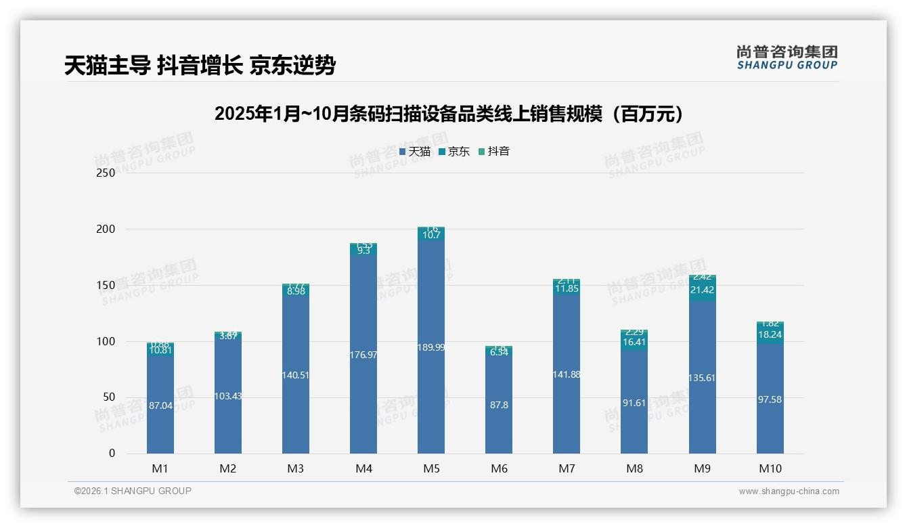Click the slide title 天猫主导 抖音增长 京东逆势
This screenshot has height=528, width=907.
200,65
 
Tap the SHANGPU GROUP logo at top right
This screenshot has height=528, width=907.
787,58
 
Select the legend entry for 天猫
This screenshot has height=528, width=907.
415,152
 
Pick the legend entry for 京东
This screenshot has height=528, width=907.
454,152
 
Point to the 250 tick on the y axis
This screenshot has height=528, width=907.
106,173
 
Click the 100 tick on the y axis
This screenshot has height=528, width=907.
106,341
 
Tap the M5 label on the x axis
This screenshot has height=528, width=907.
431,468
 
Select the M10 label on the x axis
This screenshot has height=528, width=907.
770,468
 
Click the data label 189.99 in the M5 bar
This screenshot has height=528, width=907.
431,347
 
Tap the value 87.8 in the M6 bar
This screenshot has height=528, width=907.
499,405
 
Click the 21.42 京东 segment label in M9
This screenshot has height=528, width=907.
702,290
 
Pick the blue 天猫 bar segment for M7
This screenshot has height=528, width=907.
567,406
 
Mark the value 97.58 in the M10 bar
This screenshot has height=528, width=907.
770,399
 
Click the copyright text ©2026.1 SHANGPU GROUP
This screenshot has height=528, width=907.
133,491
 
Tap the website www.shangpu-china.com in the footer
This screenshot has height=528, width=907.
789,491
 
